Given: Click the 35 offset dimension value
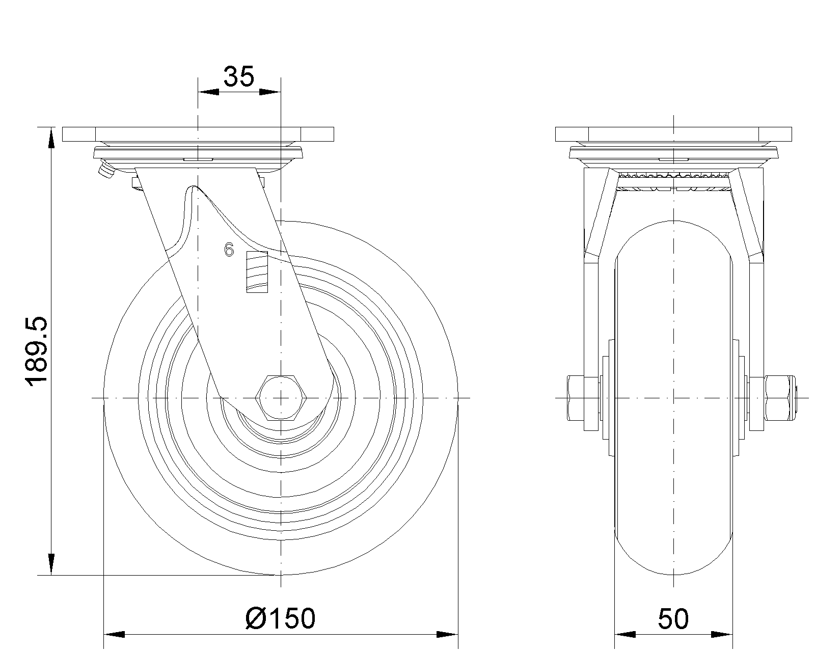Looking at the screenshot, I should pos(239,77).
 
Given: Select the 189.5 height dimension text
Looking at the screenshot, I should pos(38,351).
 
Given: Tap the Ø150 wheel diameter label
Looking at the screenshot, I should pos(280,618).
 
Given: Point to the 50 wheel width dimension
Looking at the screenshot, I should pos(673,618).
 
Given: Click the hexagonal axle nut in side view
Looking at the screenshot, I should pos(281,397).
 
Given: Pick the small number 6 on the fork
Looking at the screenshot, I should pos(229,250).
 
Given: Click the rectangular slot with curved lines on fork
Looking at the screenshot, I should pos(257,272).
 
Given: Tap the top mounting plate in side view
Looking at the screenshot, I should pos(198,134).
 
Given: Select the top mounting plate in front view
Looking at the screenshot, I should pos(673,134).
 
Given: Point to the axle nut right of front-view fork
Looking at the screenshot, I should pos(779,398).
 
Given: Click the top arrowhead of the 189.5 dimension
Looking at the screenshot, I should pos(51,139).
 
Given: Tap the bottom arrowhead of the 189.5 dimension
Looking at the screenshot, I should pos(51,564).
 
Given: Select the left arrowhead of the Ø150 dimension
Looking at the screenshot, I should pos(115,635).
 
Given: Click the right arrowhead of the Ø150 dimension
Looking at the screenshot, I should pos(447,635).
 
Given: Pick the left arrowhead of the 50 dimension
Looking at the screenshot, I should pos(626,635).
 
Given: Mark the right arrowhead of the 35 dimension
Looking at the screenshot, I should pos(270,92).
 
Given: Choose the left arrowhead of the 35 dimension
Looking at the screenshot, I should pos(208,92).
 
